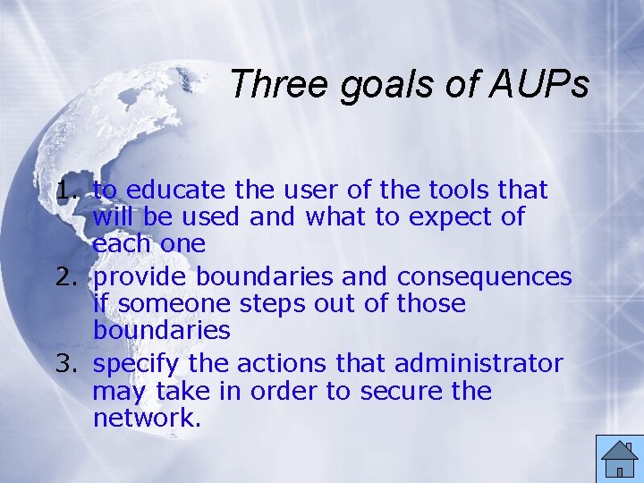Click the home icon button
619,458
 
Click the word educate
174,191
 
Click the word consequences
484,277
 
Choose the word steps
263,304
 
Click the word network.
143,418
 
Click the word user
304,191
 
